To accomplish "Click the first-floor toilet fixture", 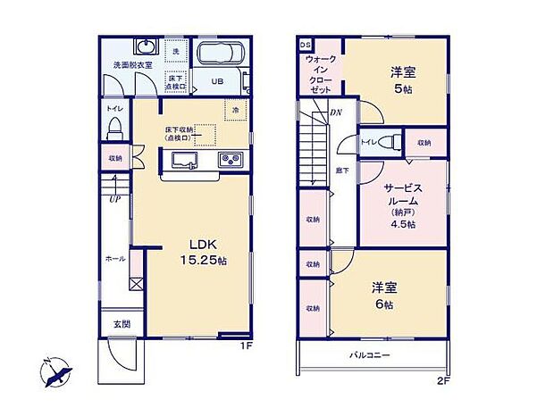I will (x=114, y=126).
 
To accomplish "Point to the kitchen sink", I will (x=185, y=161).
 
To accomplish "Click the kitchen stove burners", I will (x=231, y=161).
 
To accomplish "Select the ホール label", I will (x=115, y=258).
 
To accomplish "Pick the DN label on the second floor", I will (x=335, y=112).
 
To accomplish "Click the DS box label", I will (x=304, y=44).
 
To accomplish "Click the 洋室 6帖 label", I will (x=383, y=294).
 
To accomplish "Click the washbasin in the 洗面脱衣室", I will (x=145, y=47).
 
